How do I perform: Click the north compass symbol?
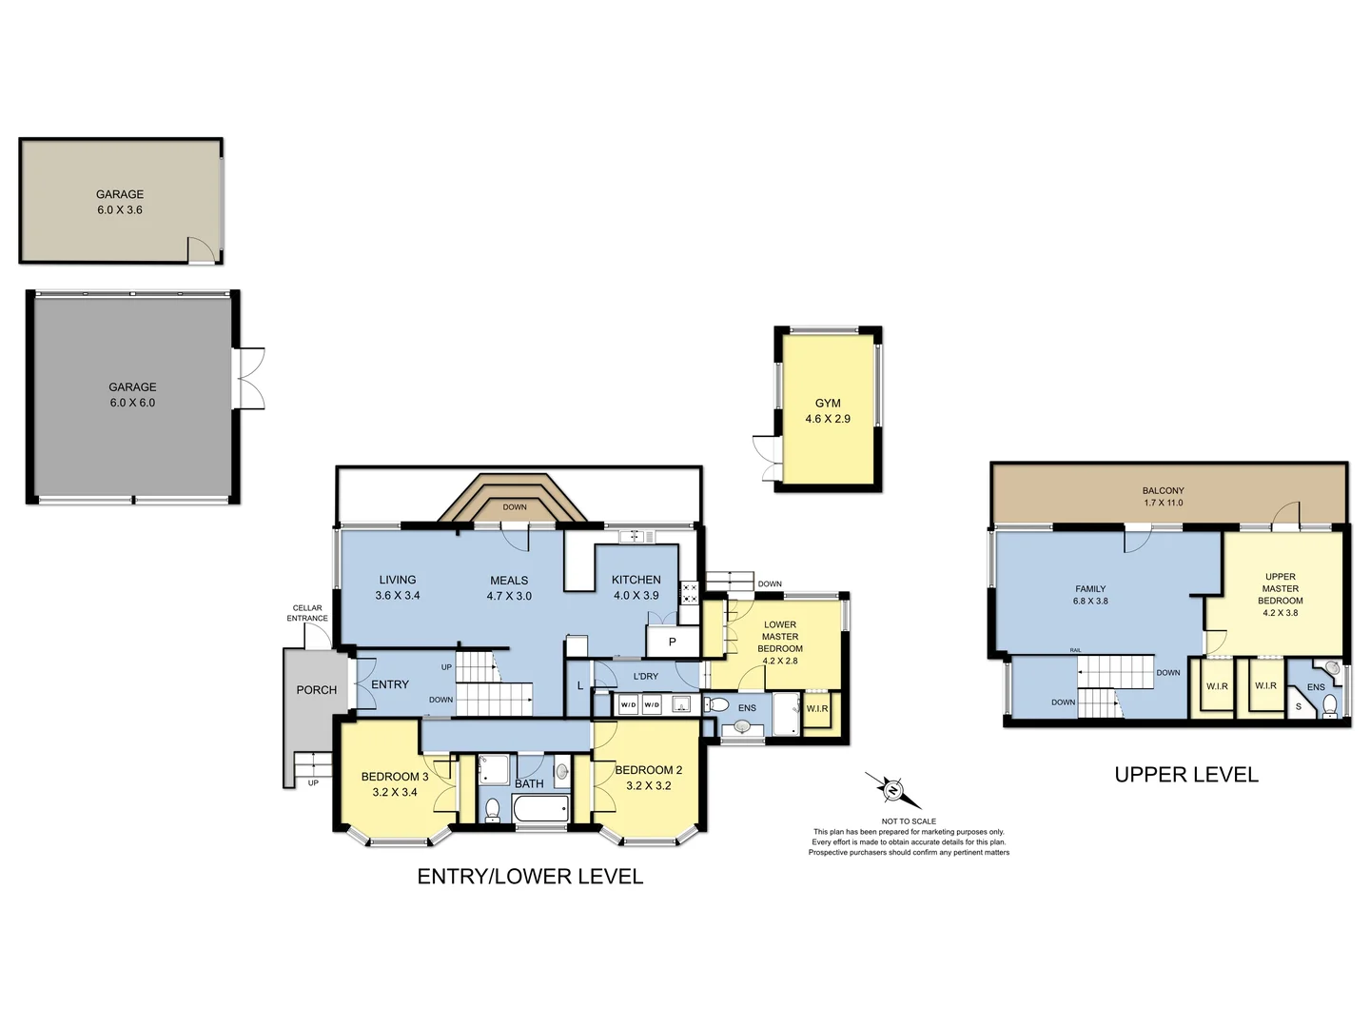click(x=892, y=790)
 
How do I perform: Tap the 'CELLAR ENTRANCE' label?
click(x=307, y=613)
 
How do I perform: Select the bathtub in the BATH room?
click(x=539, y=810)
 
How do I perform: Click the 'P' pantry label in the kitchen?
click(x=672, y=642)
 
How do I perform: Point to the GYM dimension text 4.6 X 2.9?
click(x=828, y=419)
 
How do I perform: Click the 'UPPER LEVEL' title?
click(x=1185, y=775)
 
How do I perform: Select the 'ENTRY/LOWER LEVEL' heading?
click(x=530, y=877)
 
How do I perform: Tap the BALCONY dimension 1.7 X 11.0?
click(x=1163, y=503)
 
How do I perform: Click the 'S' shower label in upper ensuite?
click(x=1299, y=706)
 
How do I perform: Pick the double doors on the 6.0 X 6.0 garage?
click(x=249, y=378)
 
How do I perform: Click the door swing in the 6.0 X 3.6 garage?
click(x=201, y=249)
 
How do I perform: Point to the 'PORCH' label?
click(x=316, y=690)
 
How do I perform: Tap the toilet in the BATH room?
click(x=492, y=809)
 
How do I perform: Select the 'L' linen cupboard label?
click(x=580, y=685)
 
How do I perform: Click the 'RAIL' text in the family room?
click(x=1075, y=650)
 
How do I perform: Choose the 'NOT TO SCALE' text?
click(x=909, y=821)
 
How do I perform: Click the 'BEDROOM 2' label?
click(x=648, y=770)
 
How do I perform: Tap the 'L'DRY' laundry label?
click(x=645, y=677)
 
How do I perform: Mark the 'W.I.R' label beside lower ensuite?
click(x=817, y=709)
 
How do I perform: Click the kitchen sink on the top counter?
click(x=636, y=537)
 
